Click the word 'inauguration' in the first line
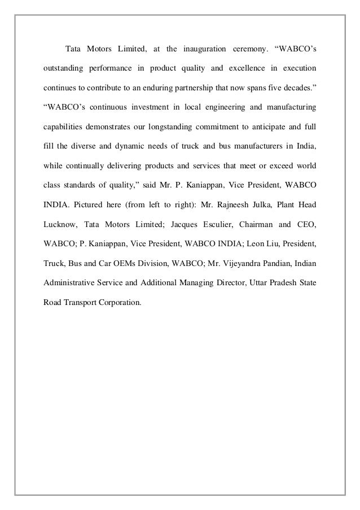click(x=208, y=49)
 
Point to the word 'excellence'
click(x=241, y=69)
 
